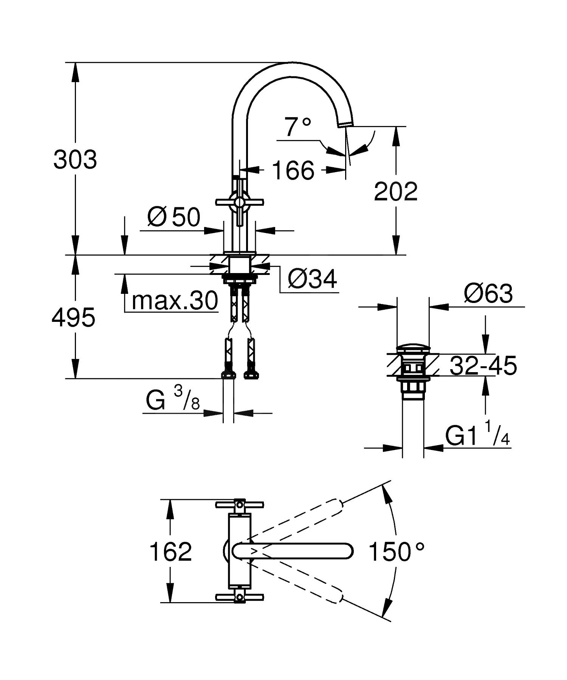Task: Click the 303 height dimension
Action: click(75, 160)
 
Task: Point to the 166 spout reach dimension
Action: click(293, 170)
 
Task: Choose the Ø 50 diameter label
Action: click(174, 217)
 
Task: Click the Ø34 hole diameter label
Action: click(312, 279)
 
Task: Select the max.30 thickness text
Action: click(175, 301)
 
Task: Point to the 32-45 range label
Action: click(483, 366)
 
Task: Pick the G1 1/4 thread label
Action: click(477, 436)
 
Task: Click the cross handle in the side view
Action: click(239, 203)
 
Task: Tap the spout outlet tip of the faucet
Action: click(347, 124)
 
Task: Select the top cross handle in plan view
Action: click(239, 505)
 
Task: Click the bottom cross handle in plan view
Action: click(239, 598)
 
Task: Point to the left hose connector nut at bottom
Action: click(228, 374)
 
